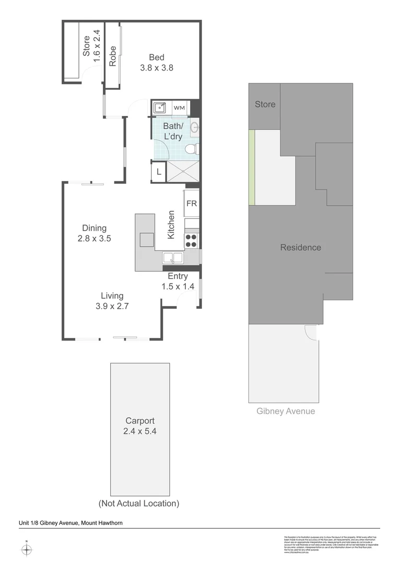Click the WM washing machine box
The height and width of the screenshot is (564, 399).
coord(179,108)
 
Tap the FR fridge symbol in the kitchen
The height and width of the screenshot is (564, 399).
coord(192,204)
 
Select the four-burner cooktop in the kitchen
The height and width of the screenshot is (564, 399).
coord(191,240)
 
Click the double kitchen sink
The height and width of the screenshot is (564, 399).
coord(172,257)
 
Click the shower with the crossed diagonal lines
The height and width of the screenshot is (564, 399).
coord(183,172)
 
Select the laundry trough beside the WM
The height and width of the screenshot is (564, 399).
coord(160,108)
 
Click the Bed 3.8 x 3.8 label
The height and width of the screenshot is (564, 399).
coord(157,62)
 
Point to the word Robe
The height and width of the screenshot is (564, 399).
coord(112,56)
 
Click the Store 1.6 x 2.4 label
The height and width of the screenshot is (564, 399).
coord(91,46)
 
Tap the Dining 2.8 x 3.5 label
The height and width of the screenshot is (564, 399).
coord(94,233)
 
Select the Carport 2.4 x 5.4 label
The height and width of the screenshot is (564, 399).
coord(139,426)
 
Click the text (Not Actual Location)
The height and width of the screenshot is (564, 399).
coord(139,503)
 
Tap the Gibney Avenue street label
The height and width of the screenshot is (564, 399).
coord(286,411)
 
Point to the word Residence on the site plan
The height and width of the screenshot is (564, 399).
coord(300,248)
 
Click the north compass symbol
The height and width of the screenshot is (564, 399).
coord(27,549)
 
